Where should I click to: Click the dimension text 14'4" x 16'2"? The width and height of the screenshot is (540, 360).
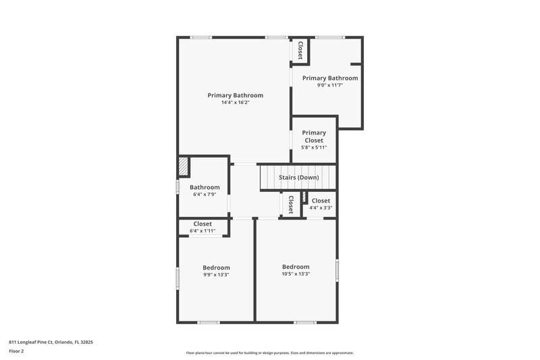pyautogui.click(x=235, y=103)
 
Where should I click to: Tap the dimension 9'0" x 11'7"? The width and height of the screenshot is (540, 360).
pyautogui.click(x=330, y=85)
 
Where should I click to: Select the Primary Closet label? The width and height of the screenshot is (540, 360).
pyautogui.click(x=314, y=136)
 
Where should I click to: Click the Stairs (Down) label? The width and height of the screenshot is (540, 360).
pyautogui.click(x=299, y=178)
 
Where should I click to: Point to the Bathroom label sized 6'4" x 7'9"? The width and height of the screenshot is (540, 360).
pyautogui.click(x=205, y=187)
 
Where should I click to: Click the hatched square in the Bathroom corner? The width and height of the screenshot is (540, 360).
pyautogui.click(x=183, y=166)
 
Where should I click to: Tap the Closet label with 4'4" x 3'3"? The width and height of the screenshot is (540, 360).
pyautogui.click(x=321, y=201)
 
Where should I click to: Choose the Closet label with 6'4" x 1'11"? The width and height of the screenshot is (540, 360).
pyautogui.click(x=202, y=224)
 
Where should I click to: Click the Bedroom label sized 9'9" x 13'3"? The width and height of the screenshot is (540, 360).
pyautogui.click(x=216, y=267)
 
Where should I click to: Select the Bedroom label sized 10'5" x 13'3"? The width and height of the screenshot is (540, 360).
pyautogui.click(x=296, y=266)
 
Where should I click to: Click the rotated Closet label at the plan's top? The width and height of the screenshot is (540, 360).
pyautogui.click(x=300, y=51)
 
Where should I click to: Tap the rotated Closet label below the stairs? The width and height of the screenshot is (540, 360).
pyautogui.click(x=291, y=205)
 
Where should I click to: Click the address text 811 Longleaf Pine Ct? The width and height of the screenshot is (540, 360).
pyautogui.click(x=51, y=342)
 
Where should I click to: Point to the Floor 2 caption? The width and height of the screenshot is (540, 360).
pyautogui.click(x=17, y=351)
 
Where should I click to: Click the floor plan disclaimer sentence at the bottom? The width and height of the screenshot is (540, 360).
pyautogui.click(x=270, y=353)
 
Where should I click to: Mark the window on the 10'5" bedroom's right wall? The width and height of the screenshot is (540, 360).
pyautogui.click(x=337, y=269)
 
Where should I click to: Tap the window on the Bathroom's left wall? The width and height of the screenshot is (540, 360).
pyautogui.click(x=178, y=187)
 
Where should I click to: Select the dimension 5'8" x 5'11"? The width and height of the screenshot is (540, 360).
pyautogui.click(x=314, y=147)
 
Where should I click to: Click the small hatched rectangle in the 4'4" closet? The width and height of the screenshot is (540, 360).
pyautogui.click(x=305, y=198)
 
